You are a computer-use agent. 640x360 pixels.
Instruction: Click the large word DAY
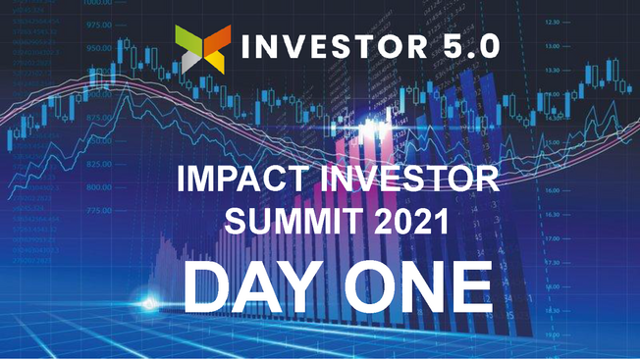(253, 286)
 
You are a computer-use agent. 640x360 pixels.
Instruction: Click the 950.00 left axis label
(98, 47)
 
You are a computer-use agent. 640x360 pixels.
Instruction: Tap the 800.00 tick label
(98, 187)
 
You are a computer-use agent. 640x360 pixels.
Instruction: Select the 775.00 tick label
(98, 211)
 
